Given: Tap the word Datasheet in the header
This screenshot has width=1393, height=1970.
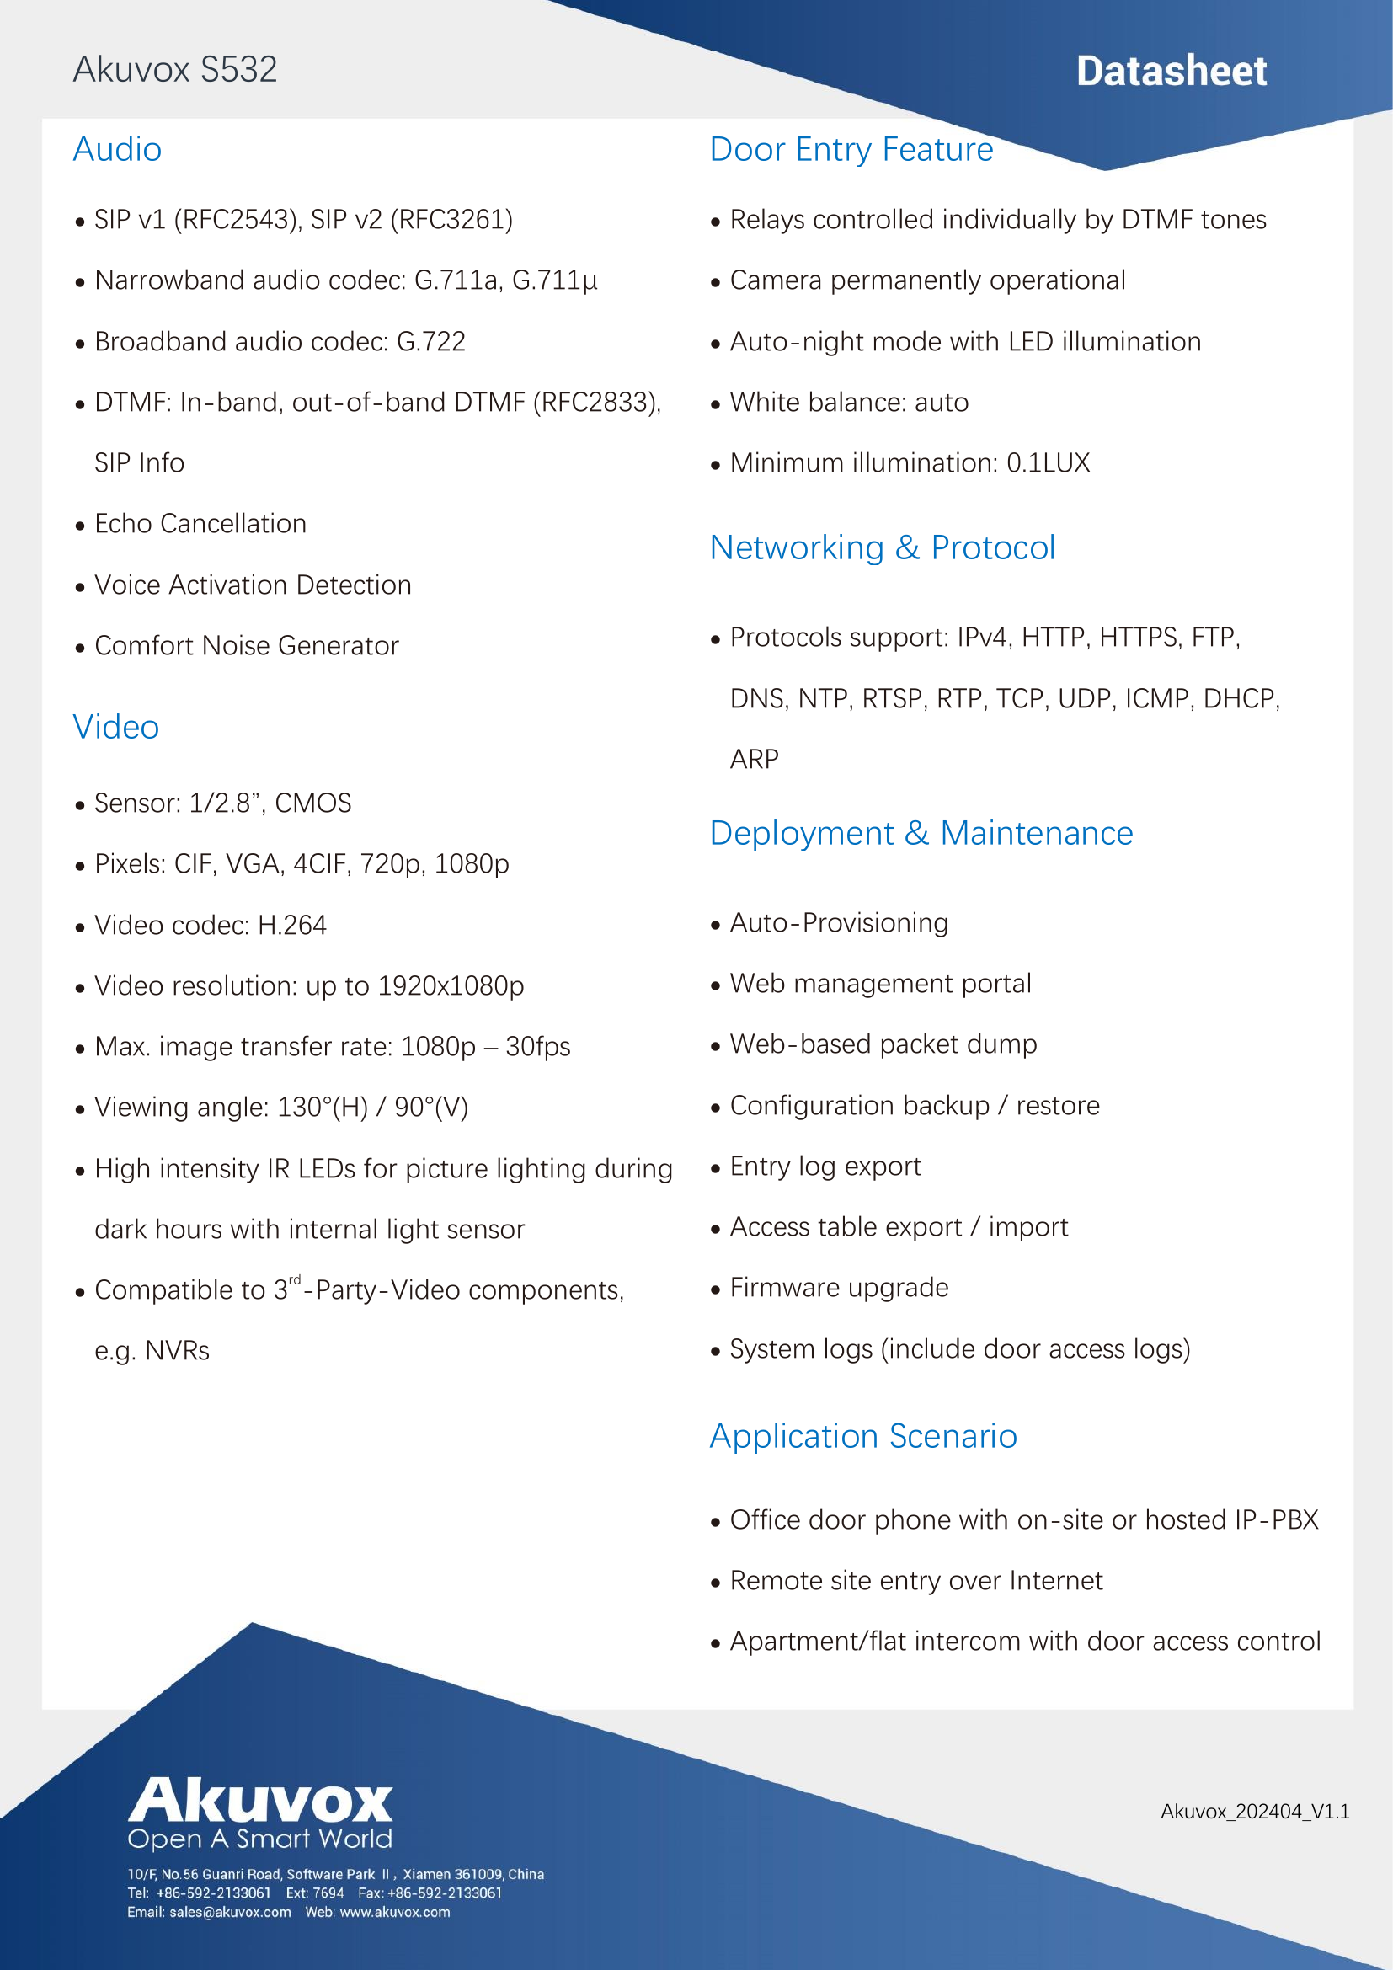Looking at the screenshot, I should click(1171, 72).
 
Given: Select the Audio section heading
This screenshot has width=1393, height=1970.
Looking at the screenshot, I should click(118, 149).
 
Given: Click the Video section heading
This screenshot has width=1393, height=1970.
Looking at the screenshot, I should click(115, 727).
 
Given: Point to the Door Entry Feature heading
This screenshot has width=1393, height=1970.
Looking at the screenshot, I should click(851, 149).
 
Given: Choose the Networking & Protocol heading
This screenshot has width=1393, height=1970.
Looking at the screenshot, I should click(882, 547).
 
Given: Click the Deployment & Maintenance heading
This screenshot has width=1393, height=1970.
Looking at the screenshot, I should click(921, 833).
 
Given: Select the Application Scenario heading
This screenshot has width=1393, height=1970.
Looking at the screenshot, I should click(863, 1435).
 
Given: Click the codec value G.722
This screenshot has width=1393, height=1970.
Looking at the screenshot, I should click(430, 341).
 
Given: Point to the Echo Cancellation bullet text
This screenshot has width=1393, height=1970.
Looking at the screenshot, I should click(200, 523).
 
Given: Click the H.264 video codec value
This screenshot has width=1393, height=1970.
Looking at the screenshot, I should click(291, 925).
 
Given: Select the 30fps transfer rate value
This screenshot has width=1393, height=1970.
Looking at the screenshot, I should click(538, 1047).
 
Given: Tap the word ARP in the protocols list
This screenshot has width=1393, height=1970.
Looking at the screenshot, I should click(754, 760).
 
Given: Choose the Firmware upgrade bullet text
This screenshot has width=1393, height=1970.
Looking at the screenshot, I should click(839, 1288).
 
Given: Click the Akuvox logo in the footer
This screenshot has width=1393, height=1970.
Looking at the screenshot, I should click(260, 1803).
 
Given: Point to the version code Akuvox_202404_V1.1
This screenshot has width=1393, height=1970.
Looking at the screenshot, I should click(1254, 1812).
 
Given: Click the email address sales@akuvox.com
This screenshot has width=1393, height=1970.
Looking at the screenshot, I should click(230, 1913).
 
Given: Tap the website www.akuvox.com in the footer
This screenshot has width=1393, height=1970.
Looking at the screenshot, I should click(394, 1913).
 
